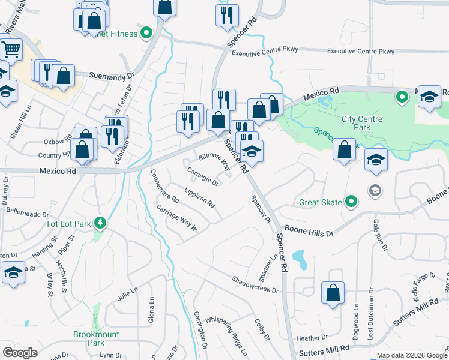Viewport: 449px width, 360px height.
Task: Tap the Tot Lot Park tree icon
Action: click(x=100, y=224)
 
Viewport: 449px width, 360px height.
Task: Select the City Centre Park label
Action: click(x=363, y=123)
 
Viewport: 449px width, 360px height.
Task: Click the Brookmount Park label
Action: click(x=96, y=338)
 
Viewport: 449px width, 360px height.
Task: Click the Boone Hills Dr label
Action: click(x=309, y=229)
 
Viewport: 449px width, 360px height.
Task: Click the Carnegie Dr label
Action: click(x=202, y=176)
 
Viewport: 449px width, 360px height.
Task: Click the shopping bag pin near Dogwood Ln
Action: click(x=333, y=293)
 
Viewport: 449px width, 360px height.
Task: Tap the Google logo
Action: click(x=20, y=352)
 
